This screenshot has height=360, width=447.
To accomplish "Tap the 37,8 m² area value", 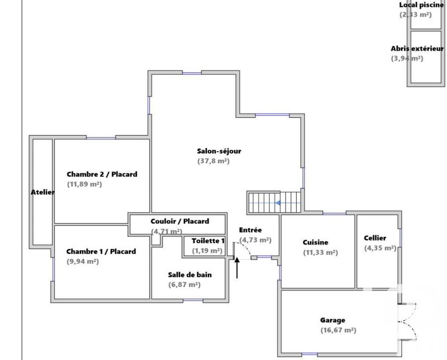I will click(x=213, y=161).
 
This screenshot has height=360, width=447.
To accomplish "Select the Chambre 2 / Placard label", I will click(x=102, y=174).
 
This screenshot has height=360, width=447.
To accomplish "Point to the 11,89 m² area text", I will click(x=84, y=184).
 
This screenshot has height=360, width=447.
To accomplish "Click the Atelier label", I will click(x=42, y=192).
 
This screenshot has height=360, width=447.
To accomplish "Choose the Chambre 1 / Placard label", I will click(x=101, y=252).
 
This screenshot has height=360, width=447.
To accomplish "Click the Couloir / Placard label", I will click(x=179, y=221).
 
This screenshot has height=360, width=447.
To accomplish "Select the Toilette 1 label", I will click(x=208, y=241).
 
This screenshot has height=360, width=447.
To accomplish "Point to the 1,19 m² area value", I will click(x=207, y=251).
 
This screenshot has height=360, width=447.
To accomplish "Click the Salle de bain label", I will click(x=190, y=274).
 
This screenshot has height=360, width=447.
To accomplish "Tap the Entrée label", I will click(x=250, y=230).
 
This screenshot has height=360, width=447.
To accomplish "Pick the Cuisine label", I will click(x=316, y=243).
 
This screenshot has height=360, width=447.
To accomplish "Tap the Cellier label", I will click(x=375, y=238).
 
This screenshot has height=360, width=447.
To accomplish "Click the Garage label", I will click(x=332, y=320).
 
